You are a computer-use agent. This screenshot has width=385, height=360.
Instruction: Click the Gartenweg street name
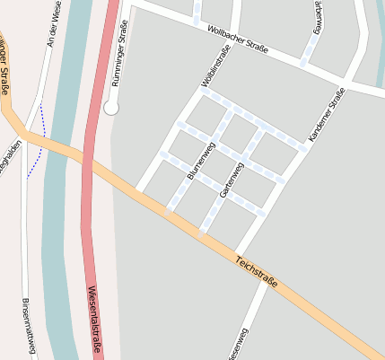(x=232, y=180)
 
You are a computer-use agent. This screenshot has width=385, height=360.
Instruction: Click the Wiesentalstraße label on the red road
(x=94, y=320)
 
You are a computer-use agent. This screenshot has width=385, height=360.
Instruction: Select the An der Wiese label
(x=55, y=25)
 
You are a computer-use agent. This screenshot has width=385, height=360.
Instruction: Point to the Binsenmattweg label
(x=28, y=325)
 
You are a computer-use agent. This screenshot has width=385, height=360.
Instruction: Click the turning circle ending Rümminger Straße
(x=111, y=108)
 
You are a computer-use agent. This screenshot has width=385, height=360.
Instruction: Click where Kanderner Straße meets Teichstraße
(x=236, y=254)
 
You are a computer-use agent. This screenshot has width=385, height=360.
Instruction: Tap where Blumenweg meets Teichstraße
(x=168, y=213)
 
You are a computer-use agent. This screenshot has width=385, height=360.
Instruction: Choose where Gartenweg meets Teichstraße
(x=202, y=233)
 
